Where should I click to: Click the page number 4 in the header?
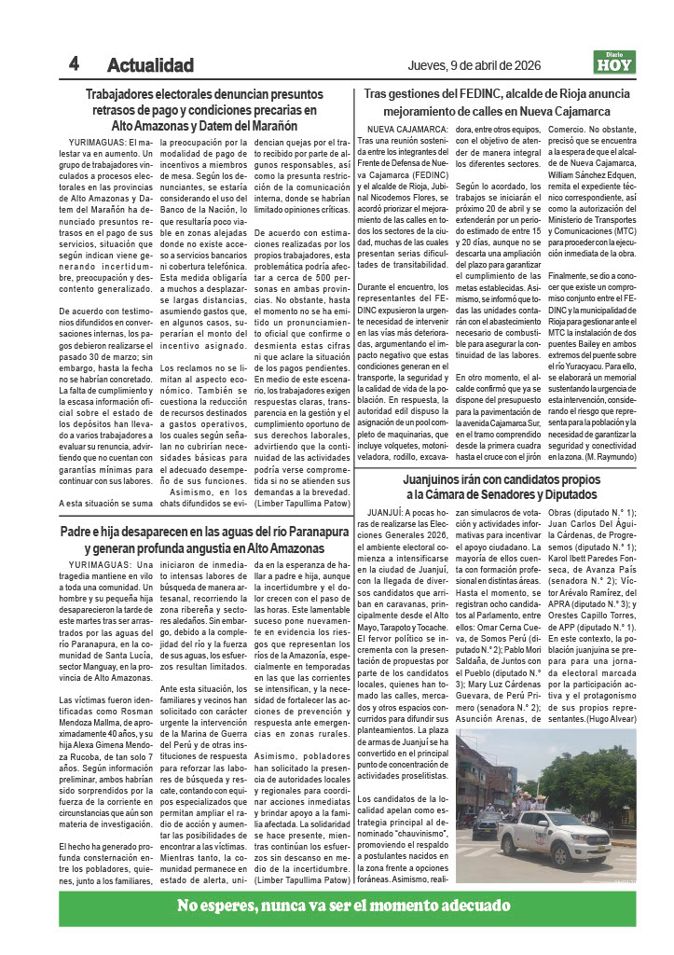click(73, 63)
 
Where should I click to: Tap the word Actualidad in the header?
click(150, 65)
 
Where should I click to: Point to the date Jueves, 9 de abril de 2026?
click(476, 64)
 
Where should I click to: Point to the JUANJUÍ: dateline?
click(384, 513)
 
